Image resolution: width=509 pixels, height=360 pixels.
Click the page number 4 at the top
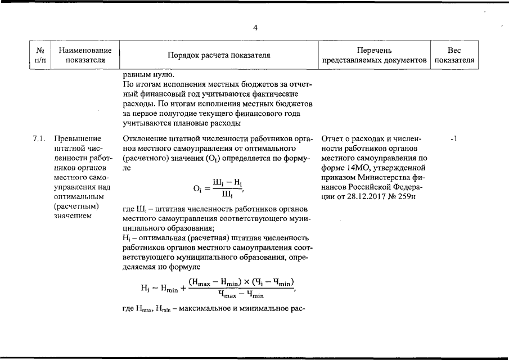tap(255, 28)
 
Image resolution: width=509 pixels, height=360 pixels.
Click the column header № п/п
tap(40, 55)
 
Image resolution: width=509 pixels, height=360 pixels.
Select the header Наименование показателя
tap(85, 55)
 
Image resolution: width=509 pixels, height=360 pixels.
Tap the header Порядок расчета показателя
tap(219, 55)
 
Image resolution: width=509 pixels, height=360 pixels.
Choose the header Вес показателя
tap(454, 55)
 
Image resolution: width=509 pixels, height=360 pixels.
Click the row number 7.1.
tap(39, 138)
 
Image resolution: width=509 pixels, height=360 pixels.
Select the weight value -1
tap(454, 138)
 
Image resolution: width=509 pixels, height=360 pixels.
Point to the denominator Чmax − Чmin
tap(241, 295)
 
